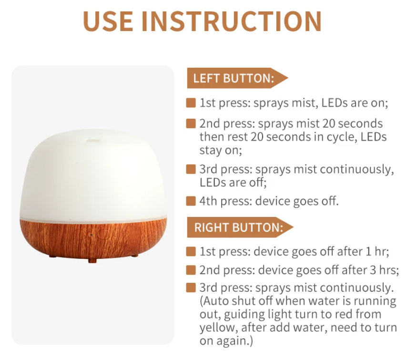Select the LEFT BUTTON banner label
pyautogui.click(x=234, y=78)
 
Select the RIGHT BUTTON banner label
pyautogui.click(x=238, y=227)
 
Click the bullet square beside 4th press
pyautogui.click(x=191, y=201)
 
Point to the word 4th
pyautogui.click(x=209, y=201)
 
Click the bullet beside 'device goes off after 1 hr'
pyautogui.click(x=191, y=251)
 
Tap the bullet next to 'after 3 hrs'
pyautogui.click(x=191, y=270)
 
